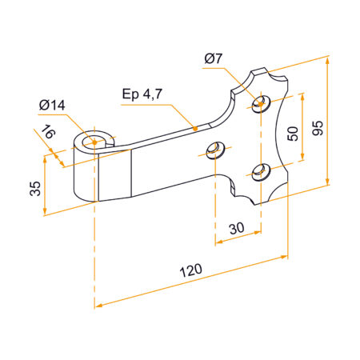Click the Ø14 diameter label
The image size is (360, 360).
53,104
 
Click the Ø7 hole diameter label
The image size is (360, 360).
214,59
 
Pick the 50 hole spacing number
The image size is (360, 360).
294,133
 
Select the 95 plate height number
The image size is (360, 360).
318,128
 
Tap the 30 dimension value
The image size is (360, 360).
236,228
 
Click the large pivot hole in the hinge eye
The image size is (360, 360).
95,142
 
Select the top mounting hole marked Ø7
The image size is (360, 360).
258,102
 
